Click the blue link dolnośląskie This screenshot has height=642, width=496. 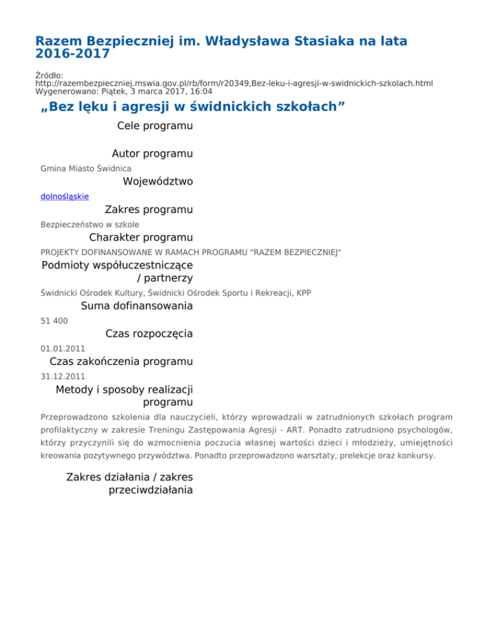(x=65, y=196)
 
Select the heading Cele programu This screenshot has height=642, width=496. (x=154, y=126)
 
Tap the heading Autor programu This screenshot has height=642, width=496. (x=152, y=154)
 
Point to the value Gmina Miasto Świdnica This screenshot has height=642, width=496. (x=86, y=168)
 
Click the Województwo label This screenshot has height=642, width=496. (x=158, y=181)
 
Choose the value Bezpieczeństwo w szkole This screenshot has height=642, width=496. (x=90, y=224)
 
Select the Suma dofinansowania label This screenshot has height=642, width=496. (x=136, y=305)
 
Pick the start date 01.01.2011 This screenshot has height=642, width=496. (x=63, y=348)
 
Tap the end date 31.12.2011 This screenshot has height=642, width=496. (x=63, y=376)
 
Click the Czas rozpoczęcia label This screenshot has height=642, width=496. (x=149, y=334)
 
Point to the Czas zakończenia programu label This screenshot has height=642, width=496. (x=121, y=362)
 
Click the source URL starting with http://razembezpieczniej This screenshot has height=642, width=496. (x=234, y=83)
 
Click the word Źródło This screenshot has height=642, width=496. (x=49, y=75)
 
